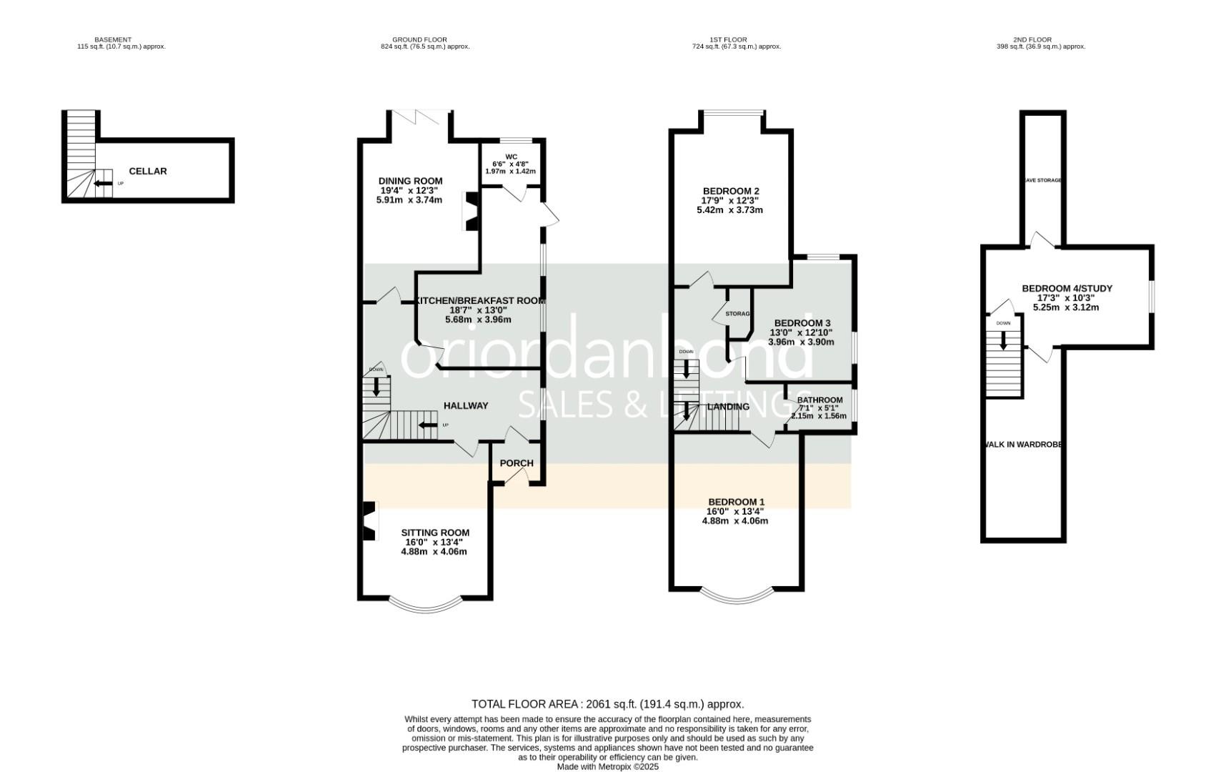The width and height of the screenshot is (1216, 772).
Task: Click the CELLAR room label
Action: click(148, 172)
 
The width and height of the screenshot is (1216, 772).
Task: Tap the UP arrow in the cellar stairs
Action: click(104, 184)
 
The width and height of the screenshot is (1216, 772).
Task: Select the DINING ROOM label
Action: click(410, 181)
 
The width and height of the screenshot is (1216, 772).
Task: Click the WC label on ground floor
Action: click(511, 157)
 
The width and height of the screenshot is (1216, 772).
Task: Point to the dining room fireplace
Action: click(472, 212)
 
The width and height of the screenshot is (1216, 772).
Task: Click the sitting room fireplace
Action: click(369, 522)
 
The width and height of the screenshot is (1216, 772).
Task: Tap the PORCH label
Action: click(517, 463)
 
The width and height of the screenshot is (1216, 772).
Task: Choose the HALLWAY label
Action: click(466, 406)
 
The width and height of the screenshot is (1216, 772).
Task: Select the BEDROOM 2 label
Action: click(731, 191)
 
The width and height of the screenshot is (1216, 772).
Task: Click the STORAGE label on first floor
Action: click(738, 314)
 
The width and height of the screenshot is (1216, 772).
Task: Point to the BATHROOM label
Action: click(819, 400)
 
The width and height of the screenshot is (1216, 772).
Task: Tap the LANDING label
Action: click(728, 407)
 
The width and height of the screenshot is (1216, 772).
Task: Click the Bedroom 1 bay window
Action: click(737, 595)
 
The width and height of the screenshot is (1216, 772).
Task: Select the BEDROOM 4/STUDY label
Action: click(1067, 289)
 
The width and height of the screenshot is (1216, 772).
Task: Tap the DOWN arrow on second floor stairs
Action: click(1003, 341)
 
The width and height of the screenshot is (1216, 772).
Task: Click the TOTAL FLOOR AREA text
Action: click(607, 704)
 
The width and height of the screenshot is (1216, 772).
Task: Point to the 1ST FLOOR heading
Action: click(736, 40)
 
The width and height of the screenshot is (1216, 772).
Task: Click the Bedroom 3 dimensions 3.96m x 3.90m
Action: click(801, 342)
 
